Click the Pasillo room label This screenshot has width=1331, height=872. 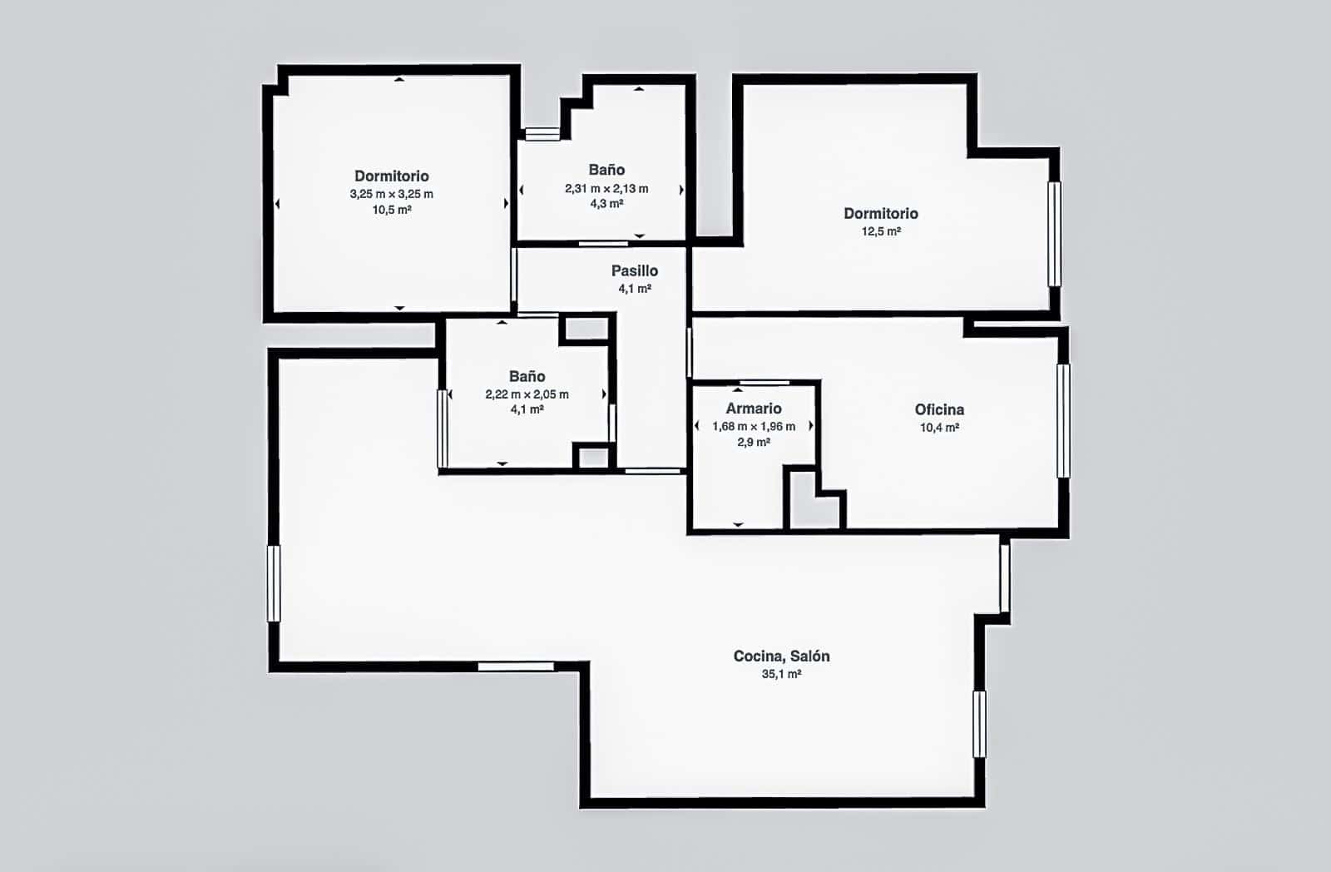[x=634, y=270]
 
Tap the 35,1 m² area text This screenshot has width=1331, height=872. [x=781, y=674]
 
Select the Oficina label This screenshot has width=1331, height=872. [x=939, y=409]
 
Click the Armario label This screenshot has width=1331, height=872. [x=753, y=409]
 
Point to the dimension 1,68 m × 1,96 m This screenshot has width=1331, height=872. [x=753, y=426]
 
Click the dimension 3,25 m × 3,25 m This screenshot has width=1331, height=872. [x=391, y=194]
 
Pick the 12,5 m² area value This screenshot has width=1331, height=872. [x=881, y=231]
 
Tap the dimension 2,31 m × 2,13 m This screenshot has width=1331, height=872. [x=606, y=188]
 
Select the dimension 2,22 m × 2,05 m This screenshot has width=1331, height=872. [x=527, y=394]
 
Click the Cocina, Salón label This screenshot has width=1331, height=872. [x=781, y=656]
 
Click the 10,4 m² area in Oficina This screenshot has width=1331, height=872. [x=939, y=428]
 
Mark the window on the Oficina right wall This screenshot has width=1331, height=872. [x=1063, y=420]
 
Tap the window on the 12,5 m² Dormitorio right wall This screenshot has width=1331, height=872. [x=1054, y=234]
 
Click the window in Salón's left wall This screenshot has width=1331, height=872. [x=274, y=583]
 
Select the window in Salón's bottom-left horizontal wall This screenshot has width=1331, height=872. [x=516, y=666]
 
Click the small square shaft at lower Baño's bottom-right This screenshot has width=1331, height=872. [x=593, y=457]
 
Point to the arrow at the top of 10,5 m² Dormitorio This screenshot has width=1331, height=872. [x=399, y=80]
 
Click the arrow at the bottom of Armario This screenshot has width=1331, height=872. [x=738, y=525]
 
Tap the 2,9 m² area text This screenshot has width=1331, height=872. [x=753, y=443]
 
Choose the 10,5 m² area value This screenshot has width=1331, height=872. [x=391, y=210]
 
